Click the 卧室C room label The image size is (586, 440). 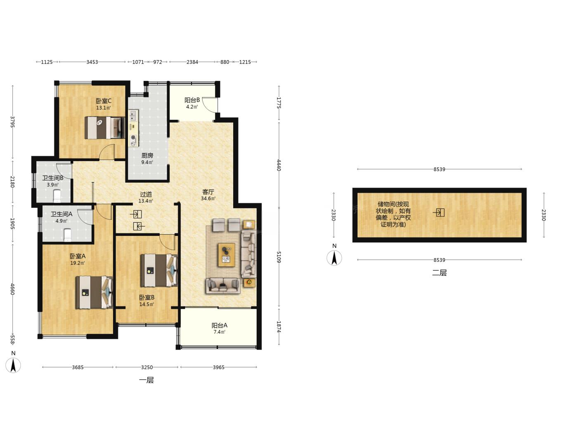(x=104, y=101)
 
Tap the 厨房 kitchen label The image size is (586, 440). (x=147, y=155)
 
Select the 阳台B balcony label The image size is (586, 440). (x=192, y=100)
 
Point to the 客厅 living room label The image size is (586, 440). (x=208, y=192)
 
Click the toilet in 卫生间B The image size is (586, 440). (x=57, y=195)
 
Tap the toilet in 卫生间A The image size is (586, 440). (x=68, y=235)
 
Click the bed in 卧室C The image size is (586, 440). (x=105, y=128)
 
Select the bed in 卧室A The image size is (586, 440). (x=94, y=293)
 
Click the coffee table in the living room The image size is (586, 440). (x=227, y=255)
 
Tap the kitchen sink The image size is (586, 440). (x=133, y=116)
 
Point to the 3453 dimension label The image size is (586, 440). (x=92, y=62)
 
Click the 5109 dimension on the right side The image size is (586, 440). (x=279, y=257)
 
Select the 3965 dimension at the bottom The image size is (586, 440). (x=219, y=367)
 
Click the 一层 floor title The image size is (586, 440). (x=146, y=380)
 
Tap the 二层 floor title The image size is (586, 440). (x=439, y=273)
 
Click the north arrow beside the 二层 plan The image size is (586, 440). (x=334, y=258)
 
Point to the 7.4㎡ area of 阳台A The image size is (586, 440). (x=220, y=332)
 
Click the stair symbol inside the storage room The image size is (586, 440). (x=439, y=213)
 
